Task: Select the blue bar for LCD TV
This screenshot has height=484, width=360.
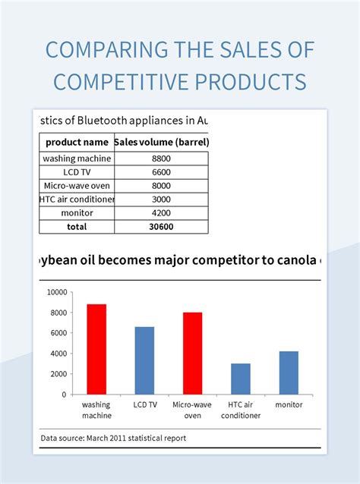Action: pyautogui.click(x=144, y=360)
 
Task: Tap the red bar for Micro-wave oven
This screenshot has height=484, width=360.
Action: pyautogui.click(x=192, y=353)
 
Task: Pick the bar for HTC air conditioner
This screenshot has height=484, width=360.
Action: pyautogui.click(x=241, y=379)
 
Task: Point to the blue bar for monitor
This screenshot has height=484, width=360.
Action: pyautogui.click(x=289, y=372)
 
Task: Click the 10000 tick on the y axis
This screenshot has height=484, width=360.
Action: pyautogui.click(x=58, y=292)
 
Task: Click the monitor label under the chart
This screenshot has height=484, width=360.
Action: pyautogui.click(x=289, y=405)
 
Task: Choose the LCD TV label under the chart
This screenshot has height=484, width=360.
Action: pyautogui.click(x=144, y=405)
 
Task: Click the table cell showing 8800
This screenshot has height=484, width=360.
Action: pyautogui.click(x=160, y=159)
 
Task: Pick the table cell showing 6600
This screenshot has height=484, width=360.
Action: pyautogui.click(x=160, y=172)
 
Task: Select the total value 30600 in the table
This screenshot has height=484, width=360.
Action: pyautogui.click(x=160, y=226)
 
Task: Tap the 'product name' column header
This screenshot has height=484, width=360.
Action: pyautogui.click(x=77, y=142)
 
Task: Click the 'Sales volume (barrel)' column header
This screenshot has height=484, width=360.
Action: pyautogui.click(x=161, y=142)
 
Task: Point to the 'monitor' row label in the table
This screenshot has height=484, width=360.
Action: pyautogui.click(x=77, y=213)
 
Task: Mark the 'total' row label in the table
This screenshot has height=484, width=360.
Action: pyautogui.click(x=77, y=226)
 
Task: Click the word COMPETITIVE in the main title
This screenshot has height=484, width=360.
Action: pyautogui.click(x=117, y=81)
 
